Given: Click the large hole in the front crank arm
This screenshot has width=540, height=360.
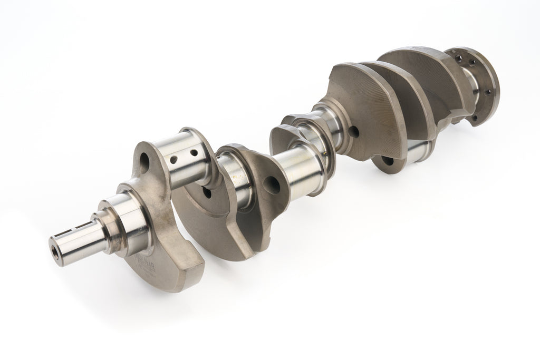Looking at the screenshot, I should (147, 159).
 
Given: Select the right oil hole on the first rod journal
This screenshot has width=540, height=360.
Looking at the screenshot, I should (194, 152).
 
